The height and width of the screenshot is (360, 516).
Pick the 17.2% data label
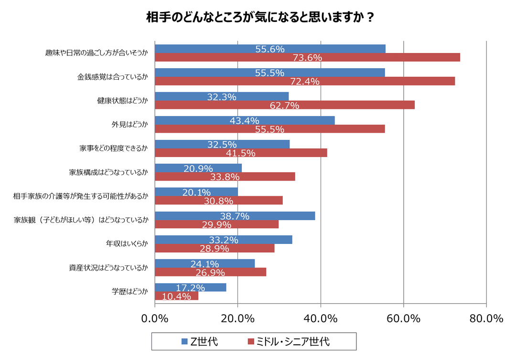190,288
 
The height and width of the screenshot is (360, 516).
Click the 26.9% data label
210,272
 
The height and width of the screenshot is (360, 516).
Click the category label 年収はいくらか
127,244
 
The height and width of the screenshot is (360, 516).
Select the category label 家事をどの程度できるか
113,148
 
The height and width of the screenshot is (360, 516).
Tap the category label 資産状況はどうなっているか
108,268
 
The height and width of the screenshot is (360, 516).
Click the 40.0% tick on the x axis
321,318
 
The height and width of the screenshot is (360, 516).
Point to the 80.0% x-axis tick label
486,318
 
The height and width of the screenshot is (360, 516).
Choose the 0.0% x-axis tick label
155,318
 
